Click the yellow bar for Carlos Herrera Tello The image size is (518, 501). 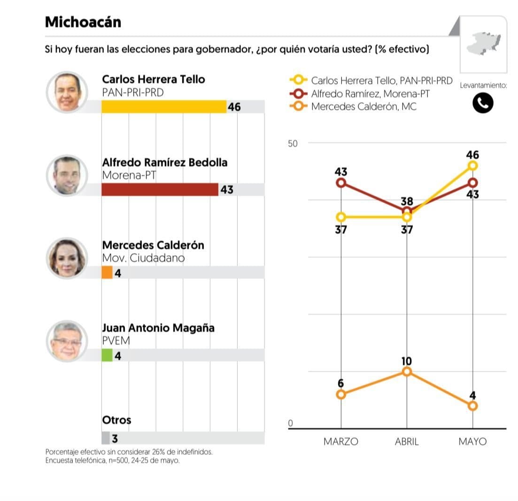[164, 107]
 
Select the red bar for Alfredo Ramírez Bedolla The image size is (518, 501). [160, 190]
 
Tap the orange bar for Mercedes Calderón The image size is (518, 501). [107, 273]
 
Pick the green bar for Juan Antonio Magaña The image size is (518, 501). [107, 355]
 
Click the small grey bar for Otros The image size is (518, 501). [106, 438]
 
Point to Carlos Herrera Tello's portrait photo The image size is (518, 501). [66, 92]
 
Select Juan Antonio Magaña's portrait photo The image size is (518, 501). [66, 341]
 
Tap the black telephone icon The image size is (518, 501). [483, 103]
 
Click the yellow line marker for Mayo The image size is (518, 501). [472, 165]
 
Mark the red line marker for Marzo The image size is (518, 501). [341, 183]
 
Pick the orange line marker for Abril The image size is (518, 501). [407, 372]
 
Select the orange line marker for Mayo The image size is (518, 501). [472, 406]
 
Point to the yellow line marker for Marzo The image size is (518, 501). [341, 217]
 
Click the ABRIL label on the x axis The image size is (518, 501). [406, 442]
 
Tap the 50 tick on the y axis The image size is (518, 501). [293, 143]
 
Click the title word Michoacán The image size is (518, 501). [83, 22]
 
